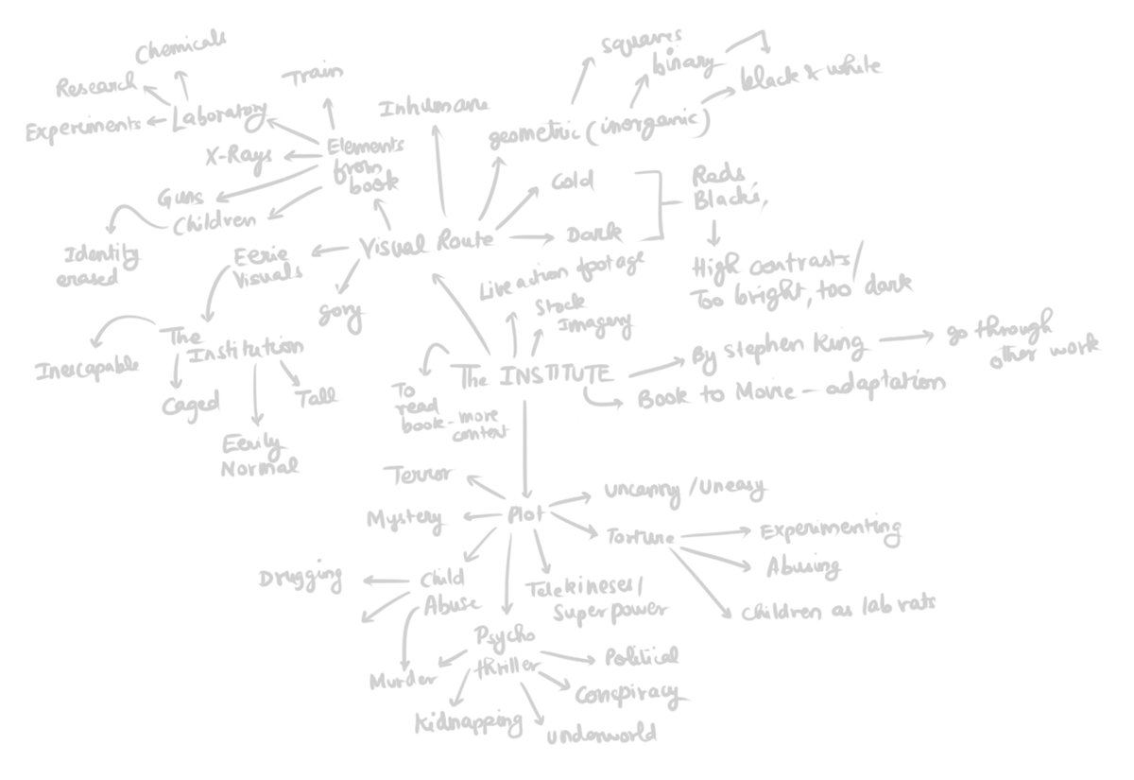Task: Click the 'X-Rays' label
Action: pyautogui.click(x=240, y=156)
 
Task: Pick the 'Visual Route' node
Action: pyautogui.click(x=428, y=244)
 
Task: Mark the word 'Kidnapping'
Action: pyautogui.click(x=469, y=722)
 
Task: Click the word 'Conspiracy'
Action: pyautogui.click(x=627, y=694)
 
